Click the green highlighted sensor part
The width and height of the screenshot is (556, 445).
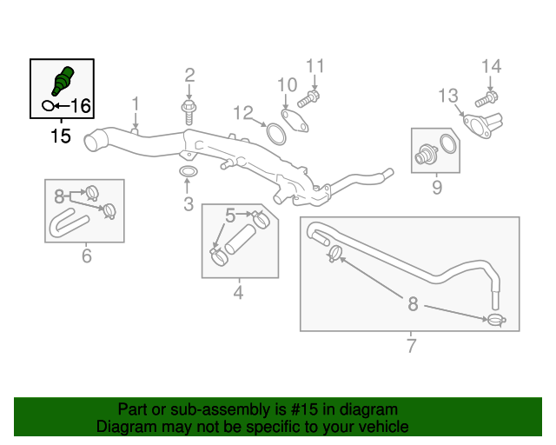(63, 81)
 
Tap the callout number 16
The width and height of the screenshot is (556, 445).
(81, 106)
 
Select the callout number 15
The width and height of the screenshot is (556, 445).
(61, 136)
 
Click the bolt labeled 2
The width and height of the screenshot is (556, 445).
(189, 112)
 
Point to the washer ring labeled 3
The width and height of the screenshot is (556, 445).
(189, 171)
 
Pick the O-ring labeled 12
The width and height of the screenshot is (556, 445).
(276, 134)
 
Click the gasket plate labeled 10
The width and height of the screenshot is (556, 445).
(295, 121)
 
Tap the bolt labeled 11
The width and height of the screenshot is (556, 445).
(308, 99)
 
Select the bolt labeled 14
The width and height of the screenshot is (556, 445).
(486, 99)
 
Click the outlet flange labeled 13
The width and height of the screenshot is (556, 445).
(483, 125)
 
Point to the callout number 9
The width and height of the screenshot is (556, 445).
(437, 188)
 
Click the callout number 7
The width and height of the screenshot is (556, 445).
(411, 346)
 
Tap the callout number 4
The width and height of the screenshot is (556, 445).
(238, 292)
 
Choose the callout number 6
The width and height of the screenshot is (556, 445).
(87, 256)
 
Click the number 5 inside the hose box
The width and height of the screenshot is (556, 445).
(230, 216)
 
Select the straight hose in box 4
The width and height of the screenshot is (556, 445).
(241, 239)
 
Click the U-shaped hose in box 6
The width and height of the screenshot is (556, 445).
(68, 223)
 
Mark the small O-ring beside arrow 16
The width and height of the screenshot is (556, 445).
(48, 106)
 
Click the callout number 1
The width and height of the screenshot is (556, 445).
(136, 104)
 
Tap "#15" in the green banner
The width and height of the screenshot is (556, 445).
(304, 409)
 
